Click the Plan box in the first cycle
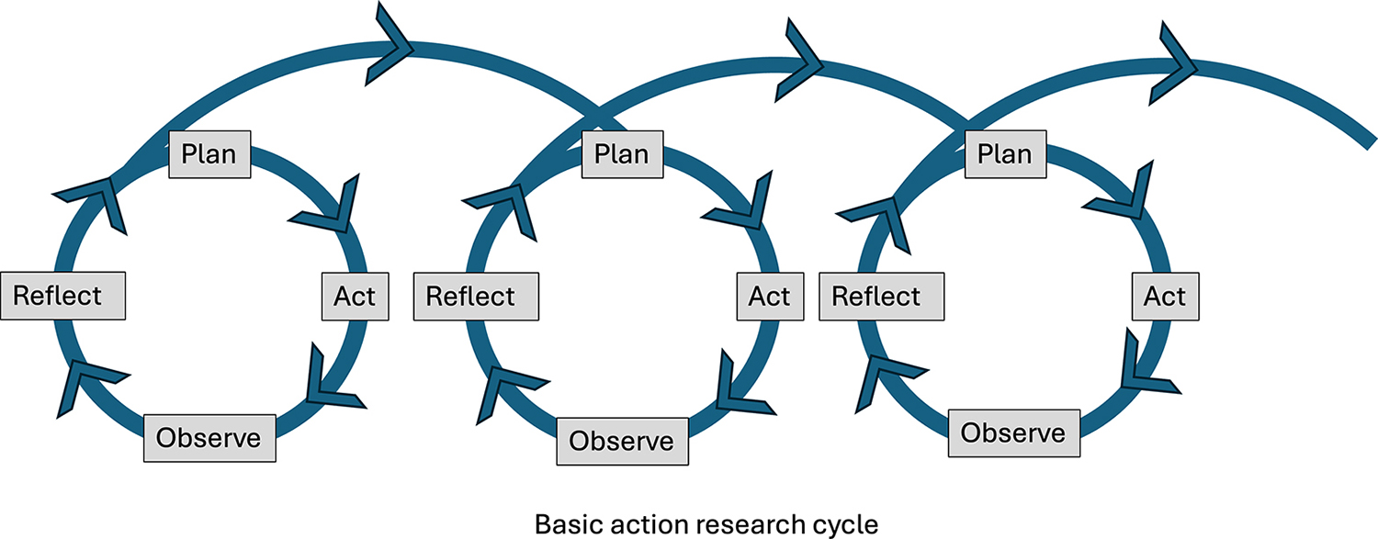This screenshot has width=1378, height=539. coord(209,153)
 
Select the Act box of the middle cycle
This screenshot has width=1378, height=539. coord(769,297)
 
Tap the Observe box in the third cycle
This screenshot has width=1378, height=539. coord(1012,432)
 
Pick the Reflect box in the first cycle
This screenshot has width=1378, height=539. coord(63,297)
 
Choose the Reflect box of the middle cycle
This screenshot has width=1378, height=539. coord(475,297)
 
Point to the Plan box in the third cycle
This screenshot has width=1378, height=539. coord(1005,153)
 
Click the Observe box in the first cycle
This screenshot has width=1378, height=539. coord(209,437)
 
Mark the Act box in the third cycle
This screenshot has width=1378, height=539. coord(1165,297)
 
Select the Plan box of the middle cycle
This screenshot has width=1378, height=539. coord(622,153)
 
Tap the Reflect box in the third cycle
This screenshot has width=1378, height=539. coord(881,297)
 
